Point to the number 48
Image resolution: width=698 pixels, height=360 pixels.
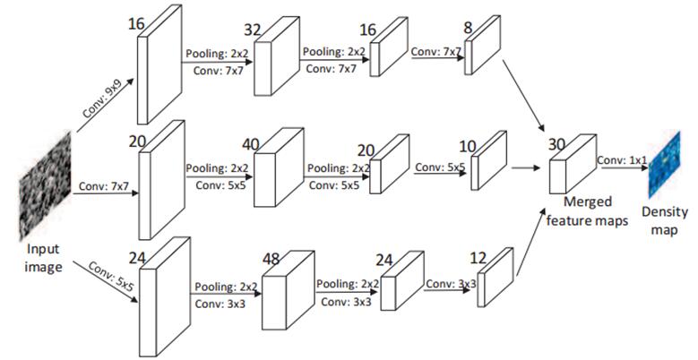pos(272,258)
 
